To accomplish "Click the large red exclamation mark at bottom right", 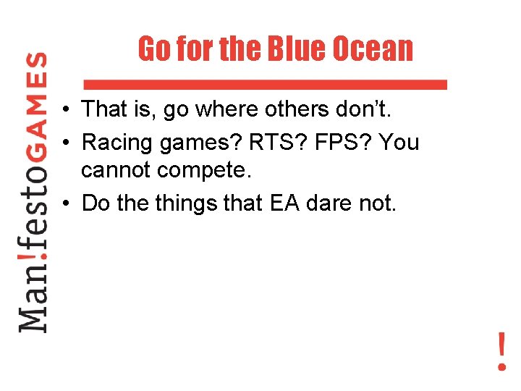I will pyautogui.click(x=501, y=352).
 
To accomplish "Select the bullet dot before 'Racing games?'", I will pyautogui.click(x=65, y=143).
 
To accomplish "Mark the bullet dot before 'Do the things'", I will pyautogui.click(x=65, y=204).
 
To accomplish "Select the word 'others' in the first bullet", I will pyautogui.click(x=281, y=110).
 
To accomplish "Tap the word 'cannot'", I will pyautogui.click(x=115, y=172).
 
